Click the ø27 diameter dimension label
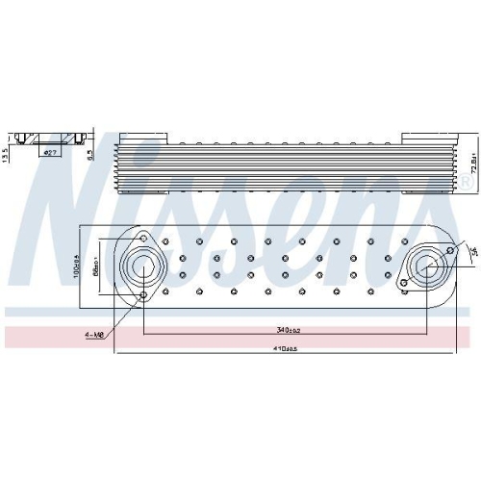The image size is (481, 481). click(50, 151)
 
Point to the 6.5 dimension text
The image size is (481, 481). click(89, 152)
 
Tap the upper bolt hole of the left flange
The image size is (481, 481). click(143, 239)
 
